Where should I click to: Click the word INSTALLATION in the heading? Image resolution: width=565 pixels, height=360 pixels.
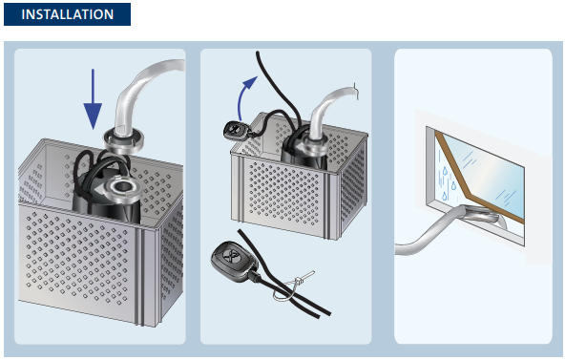tap(68, 14)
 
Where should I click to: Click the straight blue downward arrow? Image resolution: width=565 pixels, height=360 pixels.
tap(93, 99)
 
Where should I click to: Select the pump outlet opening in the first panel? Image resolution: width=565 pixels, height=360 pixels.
tap(122, 186)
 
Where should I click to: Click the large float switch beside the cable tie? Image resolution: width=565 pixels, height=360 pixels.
tap(234, 260)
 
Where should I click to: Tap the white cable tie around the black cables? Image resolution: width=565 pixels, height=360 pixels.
tap(294, 286)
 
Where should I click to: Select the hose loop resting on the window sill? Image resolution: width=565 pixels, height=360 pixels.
tap(483, 216)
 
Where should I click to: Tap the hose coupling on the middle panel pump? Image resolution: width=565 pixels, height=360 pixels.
tap(315, 144)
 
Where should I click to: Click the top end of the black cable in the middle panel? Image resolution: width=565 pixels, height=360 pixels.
tap(258, 53)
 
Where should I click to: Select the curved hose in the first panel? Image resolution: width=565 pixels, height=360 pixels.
tap(140, 87)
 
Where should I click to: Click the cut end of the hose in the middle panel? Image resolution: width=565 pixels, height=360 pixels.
tap(356, 91)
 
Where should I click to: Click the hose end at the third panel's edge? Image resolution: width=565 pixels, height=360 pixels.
tap(397, 250)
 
